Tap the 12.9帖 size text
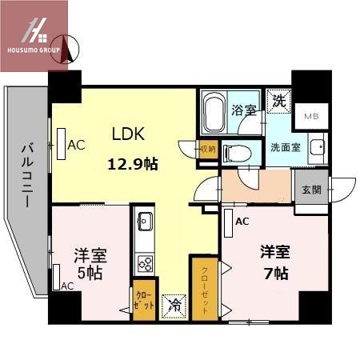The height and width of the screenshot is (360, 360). tap(133, 165)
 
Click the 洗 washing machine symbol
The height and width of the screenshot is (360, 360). tap(278, 102)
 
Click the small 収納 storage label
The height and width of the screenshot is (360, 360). tap(207, 148)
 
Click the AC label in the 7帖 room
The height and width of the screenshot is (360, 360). tap(241, 220)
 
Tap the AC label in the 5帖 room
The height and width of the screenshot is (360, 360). tap(67, 286)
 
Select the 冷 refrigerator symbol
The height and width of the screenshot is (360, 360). tap(174, 305)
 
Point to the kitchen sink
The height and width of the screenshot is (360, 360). tap(146, 220)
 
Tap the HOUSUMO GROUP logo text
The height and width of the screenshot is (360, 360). tap(34, 50)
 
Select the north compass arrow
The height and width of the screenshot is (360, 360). tap(68, 50)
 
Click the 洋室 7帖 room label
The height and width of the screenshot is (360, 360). tap(274, 262)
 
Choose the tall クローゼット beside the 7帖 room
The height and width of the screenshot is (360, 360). tap(202, 288)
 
